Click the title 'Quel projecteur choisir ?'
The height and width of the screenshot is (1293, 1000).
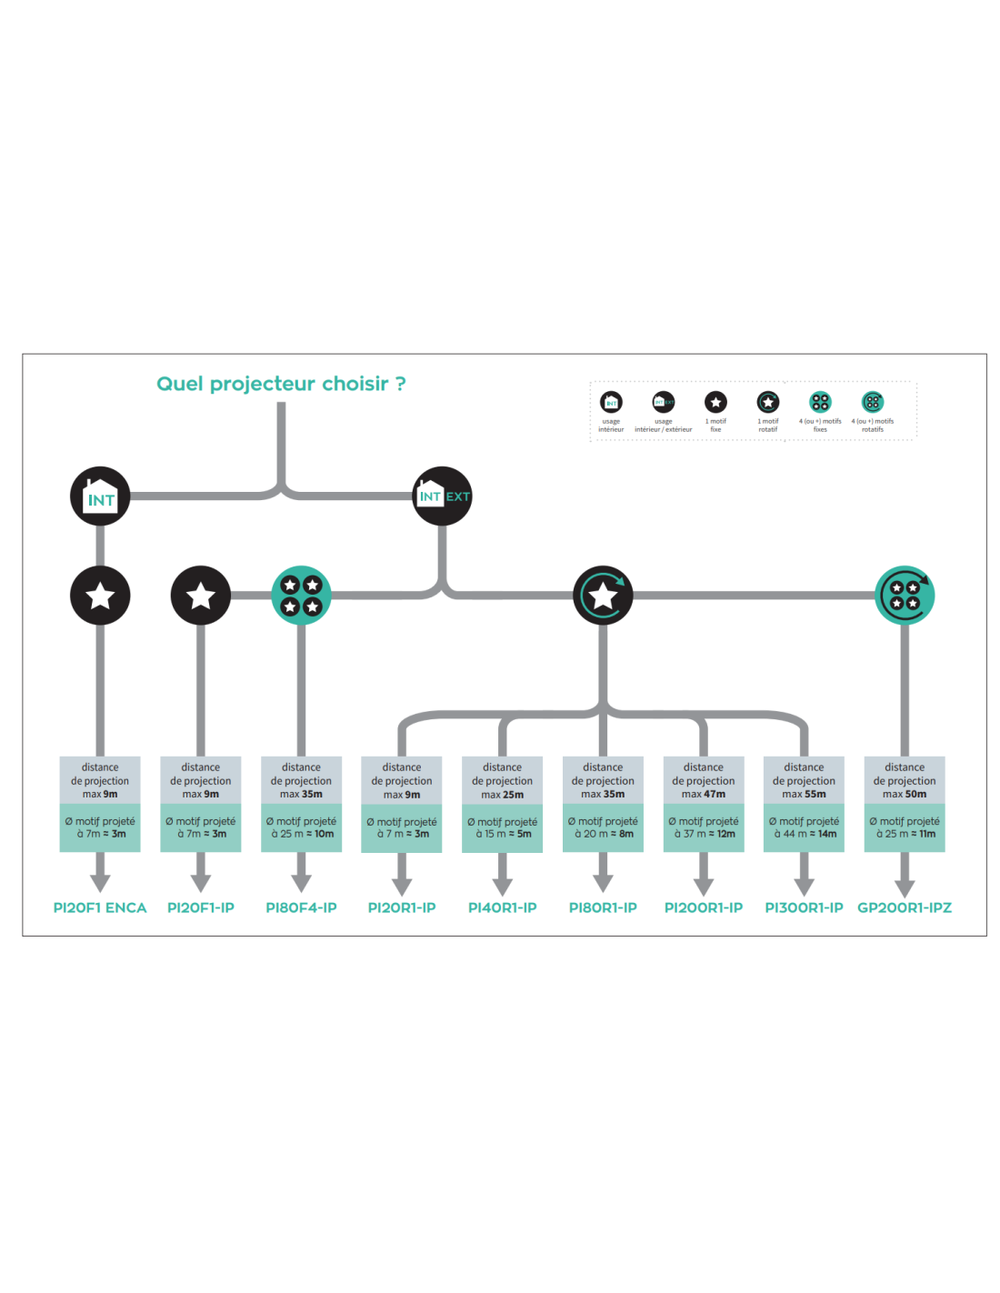point(281,384)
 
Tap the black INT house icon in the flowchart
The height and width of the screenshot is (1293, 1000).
point(100,496)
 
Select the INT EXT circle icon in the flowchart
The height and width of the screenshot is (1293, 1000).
point(443,496)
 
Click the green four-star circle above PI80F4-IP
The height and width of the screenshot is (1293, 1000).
point(301,596)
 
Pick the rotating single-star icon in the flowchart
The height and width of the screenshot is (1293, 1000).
point(603,596)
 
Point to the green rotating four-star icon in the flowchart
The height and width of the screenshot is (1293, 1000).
point(905,596)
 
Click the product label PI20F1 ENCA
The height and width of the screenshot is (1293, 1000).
point(100,907)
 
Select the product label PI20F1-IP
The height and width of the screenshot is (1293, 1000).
point(201,907)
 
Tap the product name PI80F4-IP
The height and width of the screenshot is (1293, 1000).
point(301,907)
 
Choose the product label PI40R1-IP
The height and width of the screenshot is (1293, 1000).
point(503,907)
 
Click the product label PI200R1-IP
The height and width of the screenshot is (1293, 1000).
point(704,907)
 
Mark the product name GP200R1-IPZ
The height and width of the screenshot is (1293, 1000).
point(905,907)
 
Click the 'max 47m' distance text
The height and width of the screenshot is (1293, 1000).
point(704,794)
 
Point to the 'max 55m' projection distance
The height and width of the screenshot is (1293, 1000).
point(805,794)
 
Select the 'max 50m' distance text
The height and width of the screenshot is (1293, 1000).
point(905,794)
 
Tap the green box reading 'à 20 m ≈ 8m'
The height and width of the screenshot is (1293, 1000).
point(604,827)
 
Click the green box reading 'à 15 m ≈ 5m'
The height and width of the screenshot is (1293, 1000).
point(503,827)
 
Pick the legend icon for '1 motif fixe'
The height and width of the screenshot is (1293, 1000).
point(715,402)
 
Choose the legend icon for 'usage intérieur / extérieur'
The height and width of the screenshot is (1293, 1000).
point(664,402)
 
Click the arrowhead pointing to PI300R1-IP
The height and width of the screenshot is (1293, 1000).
point(805,886)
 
